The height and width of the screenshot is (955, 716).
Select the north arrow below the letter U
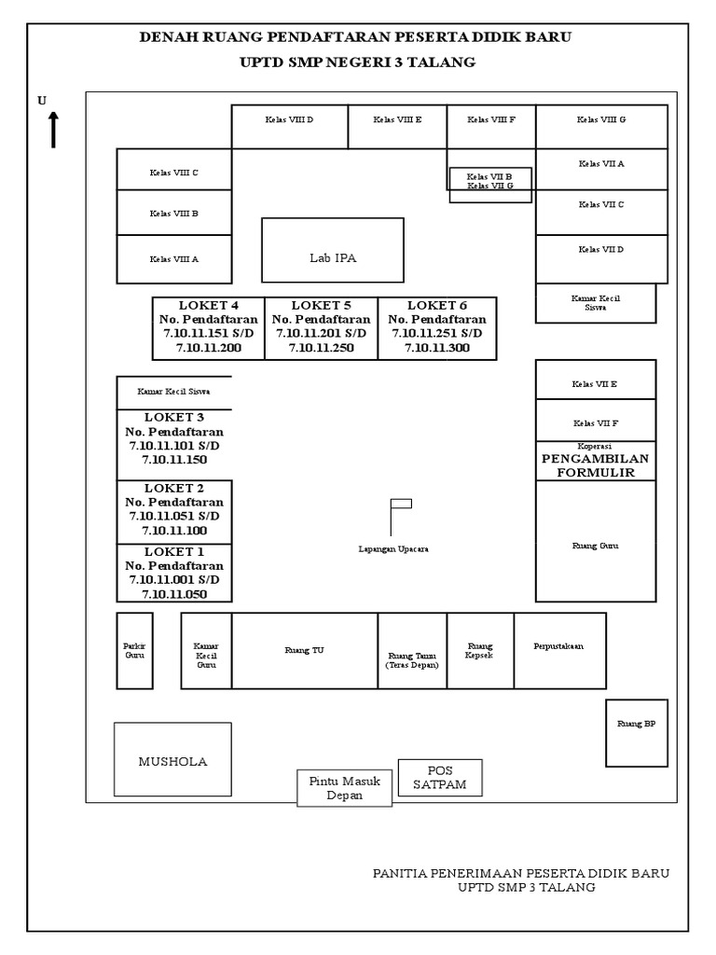coord(54,129)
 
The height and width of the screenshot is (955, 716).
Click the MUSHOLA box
coord(172,761)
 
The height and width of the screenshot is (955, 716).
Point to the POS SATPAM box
coord(439,778)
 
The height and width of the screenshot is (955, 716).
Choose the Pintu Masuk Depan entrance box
coord(345,788)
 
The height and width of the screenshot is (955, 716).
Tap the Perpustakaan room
coord(559,650)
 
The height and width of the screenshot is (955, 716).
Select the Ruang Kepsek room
coord(480,650)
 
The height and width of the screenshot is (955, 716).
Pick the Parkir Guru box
coord(134,650)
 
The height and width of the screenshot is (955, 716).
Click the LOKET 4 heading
coord(209,305)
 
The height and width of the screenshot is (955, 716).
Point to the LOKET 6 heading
coord(437,305)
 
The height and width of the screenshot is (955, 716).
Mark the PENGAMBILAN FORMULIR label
coord(595,465)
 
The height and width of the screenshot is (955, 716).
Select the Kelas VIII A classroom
coord(173,259)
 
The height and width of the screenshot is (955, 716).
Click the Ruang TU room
coord(305,651)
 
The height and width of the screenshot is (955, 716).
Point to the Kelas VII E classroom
coord(596,383)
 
